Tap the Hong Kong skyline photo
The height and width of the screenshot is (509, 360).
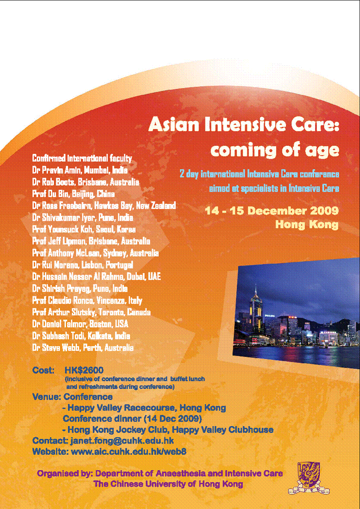[x=296, y=313]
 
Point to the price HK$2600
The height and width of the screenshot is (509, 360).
[x=84, y=370]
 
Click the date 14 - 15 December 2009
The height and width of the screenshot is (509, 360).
[x=272, y=211]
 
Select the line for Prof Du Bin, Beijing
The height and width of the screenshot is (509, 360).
[x=74, y=194]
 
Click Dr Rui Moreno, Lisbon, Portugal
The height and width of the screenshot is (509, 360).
[x=83, y=265]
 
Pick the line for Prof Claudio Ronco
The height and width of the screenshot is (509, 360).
[x=87, y=301]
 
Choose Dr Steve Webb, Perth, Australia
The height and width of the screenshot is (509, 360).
[x=83, y=348]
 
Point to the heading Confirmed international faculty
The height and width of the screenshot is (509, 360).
[x=82, y=158]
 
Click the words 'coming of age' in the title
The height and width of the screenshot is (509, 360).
[x=274, y=150]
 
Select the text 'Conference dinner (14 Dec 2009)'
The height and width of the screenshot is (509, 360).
[x=132, y=418]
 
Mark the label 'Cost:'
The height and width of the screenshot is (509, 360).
[x=43, y=370]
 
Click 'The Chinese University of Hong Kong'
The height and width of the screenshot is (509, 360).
[x=168, y=484]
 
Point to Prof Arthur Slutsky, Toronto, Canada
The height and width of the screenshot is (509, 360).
[x=91, y=312]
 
